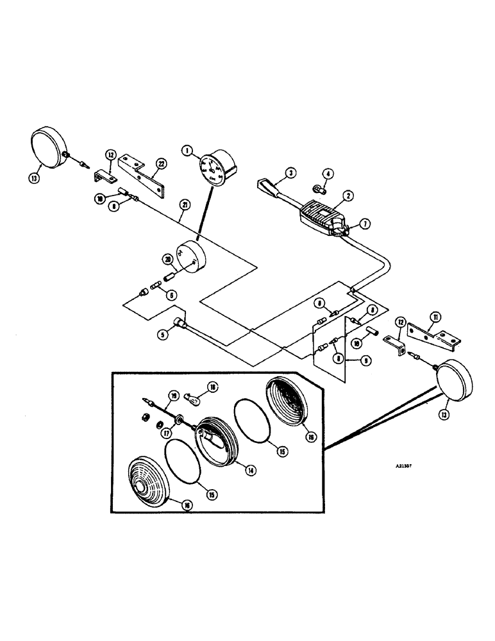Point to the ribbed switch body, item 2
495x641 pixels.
321,215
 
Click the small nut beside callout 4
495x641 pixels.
316,188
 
